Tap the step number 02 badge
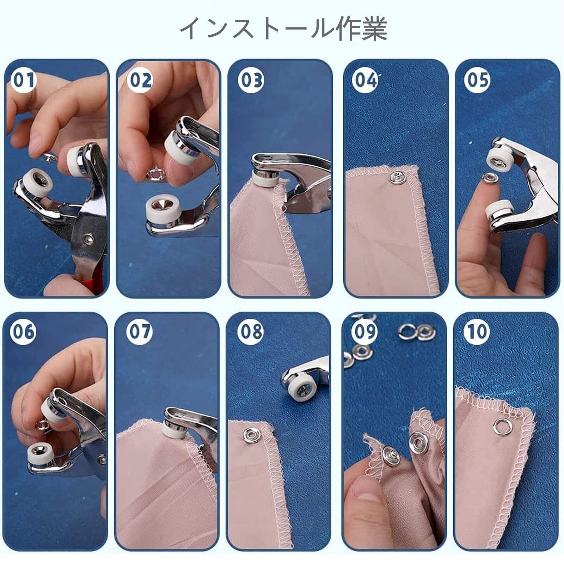pos(141,80)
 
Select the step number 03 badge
pos(251,80)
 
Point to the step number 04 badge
pos(365,80)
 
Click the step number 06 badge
pos(23,331)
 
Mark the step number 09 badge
pos(364,331)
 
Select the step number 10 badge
pos(477,331)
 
